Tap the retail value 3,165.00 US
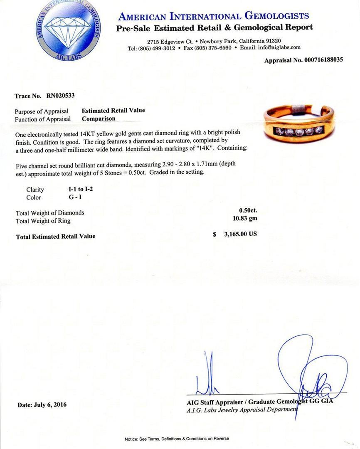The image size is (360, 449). pyautogui.click(x=240, y=234)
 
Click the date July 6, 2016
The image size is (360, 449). pyautogui.click(x=42, y=405)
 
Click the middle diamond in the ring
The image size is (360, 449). pyautogui.click(x=300, y=132)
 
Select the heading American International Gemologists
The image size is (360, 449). pyautogui.click(x=214, y=16)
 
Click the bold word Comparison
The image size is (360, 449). pyautogui.click(x=99, y=119)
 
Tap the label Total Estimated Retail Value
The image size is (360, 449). pyautogui.click(x=56, y=237)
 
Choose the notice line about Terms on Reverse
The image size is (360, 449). pyautogui.click(x=177, y=439)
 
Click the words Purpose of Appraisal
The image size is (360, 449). pyautogui.click(x=42, y=111)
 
